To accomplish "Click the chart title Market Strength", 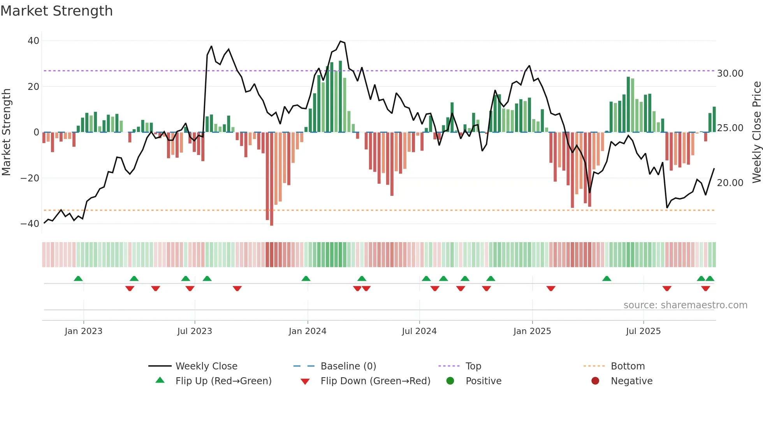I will pyautogui.click(x=56, y=11).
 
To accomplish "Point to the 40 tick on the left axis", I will pyautogui.click(x=33, y=41).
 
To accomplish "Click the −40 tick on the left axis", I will pyautogui.click(x=30, y=224).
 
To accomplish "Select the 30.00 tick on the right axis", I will pyautogui.click(x=730, y=74).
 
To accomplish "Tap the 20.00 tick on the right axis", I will pyautogui.click(x=730, y=183).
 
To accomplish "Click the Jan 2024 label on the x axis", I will pyautogui.click(x=307, y=331).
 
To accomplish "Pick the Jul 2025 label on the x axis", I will pyautogui.click(x=643, y=331).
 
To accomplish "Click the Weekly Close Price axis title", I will pyautogui.click(x=756, y=132).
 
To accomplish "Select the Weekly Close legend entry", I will pyautogui.click(x=206, y=366).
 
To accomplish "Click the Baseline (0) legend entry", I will pyautogui.click(x=348, y=366).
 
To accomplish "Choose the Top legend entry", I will pyautogui.click(x=473, y=366).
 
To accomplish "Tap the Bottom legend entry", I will pyautogui.click(x=628, y=366).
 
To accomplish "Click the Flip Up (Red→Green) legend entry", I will pyautogui.click(x=223, y=381).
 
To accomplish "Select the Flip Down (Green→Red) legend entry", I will pyautogui.click(x=375, y=381).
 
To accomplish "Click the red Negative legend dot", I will pyautogui.click(x=595, y=381).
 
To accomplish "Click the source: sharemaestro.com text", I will pyautogui.click(x=685, y=305).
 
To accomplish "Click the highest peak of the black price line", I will pyautogui.click(x=341, y=41).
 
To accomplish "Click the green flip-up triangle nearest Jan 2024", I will pyautogui.click(x=306, y=279).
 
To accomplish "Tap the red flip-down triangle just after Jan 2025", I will pyautogui.click(x=551, y=288).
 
